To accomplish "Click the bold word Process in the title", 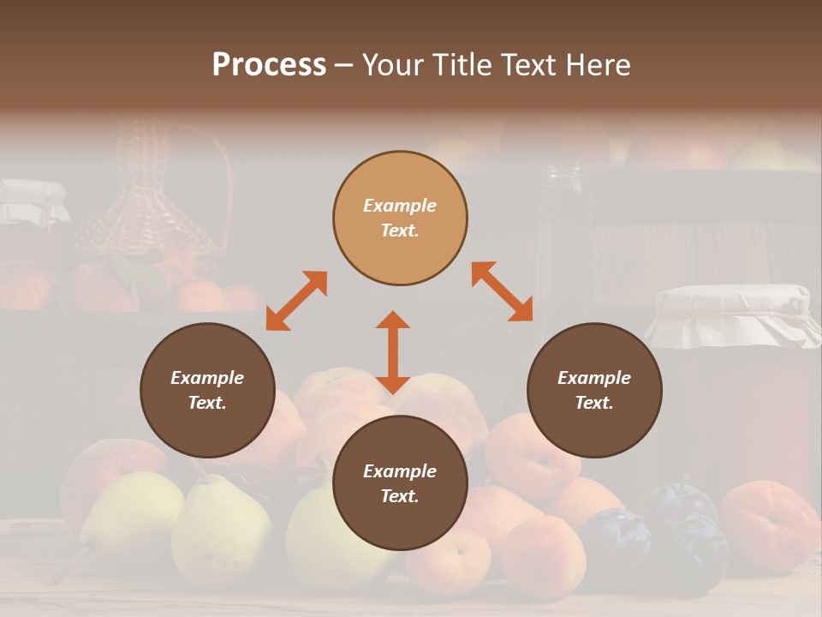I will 269,65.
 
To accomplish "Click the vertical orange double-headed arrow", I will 393,352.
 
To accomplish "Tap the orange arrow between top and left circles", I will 296,301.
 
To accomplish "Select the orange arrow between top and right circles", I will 503,291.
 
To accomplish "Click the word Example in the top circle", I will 400,206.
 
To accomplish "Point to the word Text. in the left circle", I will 207,403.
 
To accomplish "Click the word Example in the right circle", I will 594,378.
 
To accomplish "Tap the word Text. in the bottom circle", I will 400,496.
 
